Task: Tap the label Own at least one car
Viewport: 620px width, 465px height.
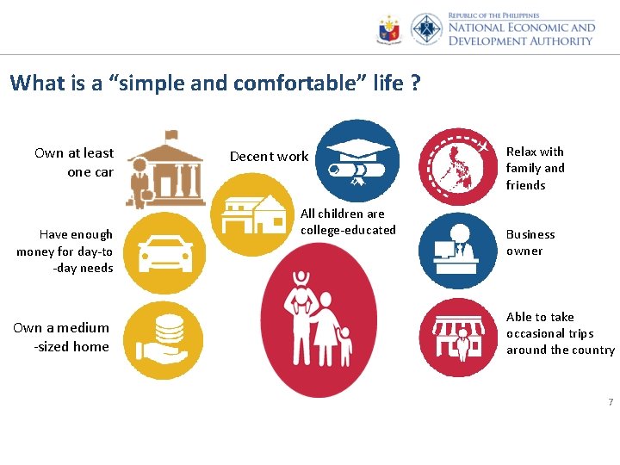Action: tap(75, 162)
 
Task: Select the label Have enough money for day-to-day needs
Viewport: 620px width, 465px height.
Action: tap(65, 251)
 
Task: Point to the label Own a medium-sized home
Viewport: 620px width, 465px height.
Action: tap(62, 337)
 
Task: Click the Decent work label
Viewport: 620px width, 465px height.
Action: tap(269, 156)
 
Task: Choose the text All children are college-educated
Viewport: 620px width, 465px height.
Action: tap(348, 221)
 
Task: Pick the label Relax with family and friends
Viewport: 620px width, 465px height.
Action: tap(535, 168)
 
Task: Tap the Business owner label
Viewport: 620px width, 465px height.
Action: tap(530, 242)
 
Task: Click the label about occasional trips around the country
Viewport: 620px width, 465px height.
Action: tap(560, 333)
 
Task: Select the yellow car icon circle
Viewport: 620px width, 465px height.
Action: tap(164, 250)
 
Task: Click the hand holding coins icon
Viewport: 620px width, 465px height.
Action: tap(164, 339)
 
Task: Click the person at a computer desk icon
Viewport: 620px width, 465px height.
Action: tap(459, 250)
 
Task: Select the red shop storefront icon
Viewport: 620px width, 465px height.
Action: tap(459, 338)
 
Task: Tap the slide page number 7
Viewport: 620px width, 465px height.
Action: tap(610, 403)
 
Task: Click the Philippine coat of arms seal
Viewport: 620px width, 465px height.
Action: tap(389, 30)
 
